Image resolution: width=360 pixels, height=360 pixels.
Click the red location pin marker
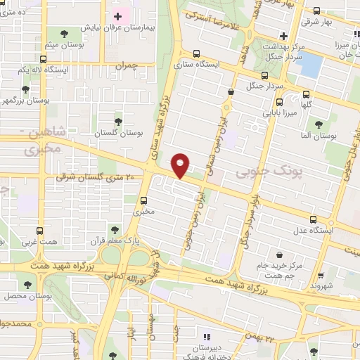[x=181, y=165]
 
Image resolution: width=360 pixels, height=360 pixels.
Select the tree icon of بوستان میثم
[x=65, y=33]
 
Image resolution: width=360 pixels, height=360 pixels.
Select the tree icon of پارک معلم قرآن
[x=112, y=229]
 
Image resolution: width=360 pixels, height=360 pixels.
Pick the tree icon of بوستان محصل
[x=27, y=285]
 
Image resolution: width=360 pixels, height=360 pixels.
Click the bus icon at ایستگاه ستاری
[x=197, y=53]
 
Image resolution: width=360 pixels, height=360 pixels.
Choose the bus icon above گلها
[x=307, y=94]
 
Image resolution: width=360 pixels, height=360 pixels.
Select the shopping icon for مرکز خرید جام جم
[x=281, y=254]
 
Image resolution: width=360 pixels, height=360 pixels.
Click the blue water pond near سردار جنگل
[x=309, y=65]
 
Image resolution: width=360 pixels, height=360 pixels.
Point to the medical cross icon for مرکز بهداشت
[x=283, y=35]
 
